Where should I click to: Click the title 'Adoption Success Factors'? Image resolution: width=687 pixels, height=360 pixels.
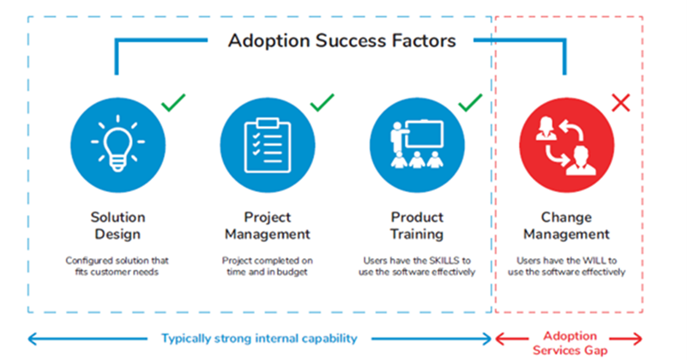pyautogui.click(x=341, y=39)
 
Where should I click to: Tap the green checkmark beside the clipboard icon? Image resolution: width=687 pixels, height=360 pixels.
pyautogui.click(x=322, y=104)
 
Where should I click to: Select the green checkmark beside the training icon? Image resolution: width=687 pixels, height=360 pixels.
pyautogui.click(x=471, y=104)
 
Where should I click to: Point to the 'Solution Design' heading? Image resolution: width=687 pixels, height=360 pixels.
pyautogui.click(x=118, y=225)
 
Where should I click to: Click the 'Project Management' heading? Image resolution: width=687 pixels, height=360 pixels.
pyautogui.click(x=268, y=225)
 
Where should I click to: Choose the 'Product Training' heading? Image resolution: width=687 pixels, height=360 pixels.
pyautogui.click(x=417, y=225)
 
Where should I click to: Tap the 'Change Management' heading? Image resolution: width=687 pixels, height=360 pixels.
pyautogui.click(x=566, y=225)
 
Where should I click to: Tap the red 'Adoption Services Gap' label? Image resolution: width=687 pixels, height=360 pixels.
pyautogui.click(x=569, y=343)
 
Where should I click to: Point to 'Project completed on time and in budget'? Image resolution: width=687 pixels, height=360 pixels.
pyautogui.click(x=268, y=266)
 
